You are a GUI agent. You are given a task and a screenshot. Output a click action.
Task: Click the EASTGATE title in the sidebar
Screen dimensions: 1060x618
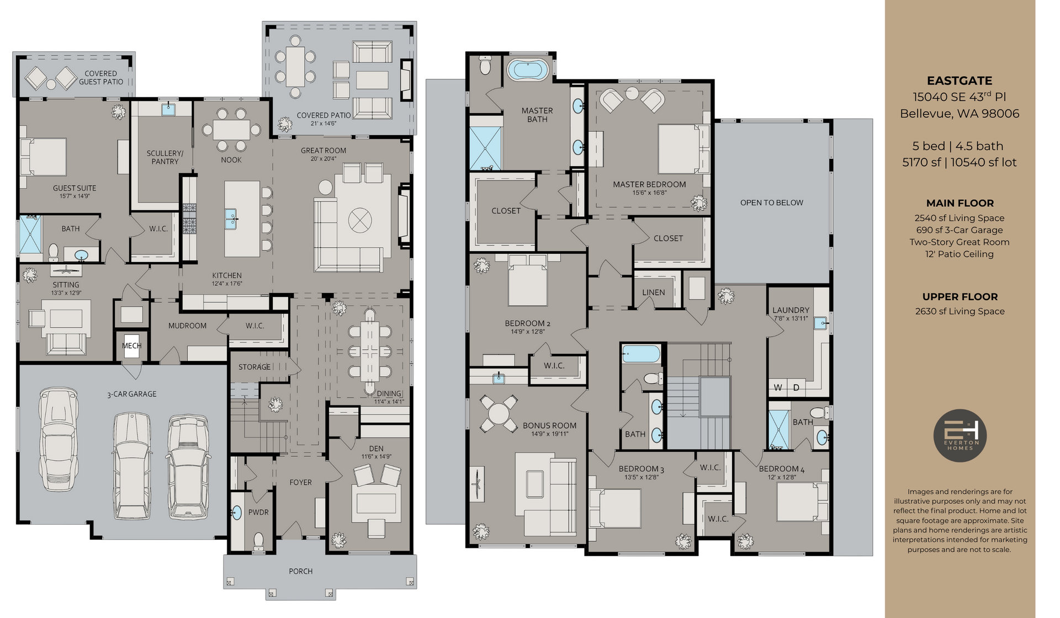coord(960,81)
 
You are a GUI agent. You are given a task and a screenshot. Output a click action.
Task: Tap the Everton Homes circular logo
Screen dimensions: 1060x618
coord(960,435)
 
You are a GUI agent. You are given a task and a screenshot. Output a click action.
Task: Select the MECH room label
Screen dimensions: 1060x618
coord(131,346)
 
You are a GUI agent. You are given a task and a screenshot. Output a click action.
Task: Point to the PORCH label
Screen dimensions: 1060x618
coord(300,571)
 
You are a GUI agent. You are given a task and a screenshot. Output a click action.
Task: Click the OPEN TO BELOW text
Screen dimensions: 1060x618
coord(772,203)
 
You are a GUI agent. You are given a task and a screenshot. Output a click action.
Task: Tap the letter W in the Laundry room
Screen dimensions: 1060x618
coord(778,388)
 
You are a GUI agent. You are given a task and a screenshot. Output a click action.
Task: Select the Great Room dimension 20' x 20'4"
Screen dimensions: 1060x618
coord(324,159)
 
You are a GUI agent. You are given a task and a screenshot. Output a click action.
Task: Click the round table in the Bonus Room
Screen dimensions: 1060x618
coord(499,413)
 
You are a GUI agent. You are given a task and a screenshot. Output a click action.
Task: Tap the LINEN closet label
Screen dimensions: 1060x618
coord(654,292)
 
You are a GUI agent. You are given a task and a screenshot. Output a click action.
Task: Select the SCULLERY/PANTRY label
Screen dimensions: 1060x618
coord(165,157)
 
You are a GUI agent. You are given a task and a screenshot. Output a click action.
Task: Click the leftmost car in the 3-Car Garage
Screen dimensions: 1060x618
coord(58,439)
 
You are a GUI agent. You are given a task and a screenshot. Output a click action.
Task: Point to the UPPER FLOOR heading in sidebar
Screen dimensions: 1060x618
coord(960,297)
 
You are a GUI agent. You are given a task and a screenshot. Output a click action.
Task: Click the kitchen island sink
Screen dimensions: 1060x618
coord(230,219)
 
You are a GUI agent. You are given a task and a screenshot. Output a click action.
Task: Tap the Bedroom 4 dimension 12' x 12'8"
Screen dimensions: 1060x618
coord(782,477)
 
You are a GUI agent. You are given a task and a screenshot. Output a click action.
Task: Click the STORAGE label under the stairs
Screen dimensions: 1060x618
coord(255,367)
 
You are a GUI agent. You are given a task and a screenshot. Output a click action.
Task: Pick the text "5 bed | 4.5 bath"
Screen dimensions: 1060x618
coord(958,146)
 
